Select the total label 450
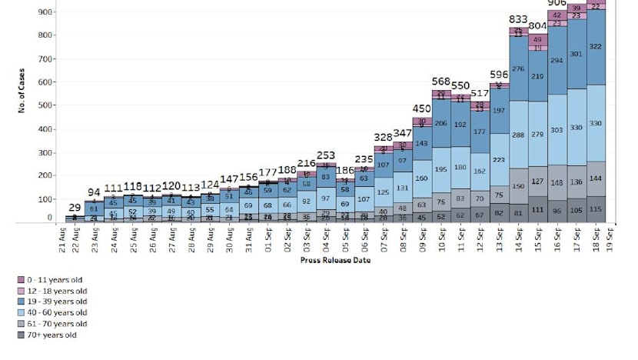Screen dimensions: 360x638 (420, 108)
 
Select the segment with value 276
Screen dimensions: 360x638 (517, 69)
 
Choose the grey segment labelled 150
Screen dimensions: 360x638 (517, 186)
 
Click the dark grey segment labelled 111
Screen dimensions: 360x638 (537, 209)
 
